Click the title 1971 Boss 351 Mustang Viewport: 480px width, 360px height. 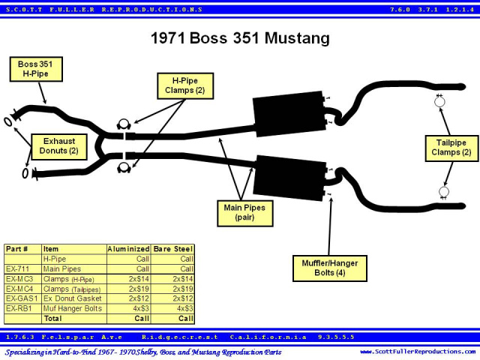240,38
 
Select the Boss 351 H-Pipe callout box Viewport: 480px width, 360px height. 36,69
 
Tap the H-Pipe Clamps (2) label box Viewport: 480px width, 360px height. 185,85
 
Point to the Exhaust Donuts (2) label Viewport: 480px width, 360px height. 59,147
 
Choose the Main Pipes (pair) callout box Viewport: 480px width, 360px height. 245,213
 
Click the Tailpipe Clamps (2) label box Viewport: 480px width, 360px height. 451,148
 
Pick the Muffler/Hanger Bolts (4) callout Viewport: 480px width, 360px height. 330,268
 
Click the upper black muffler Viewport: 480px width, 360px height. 289,113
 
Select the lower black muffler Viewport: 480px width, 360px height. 290,178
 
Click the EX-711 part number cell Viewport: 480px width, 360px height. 18,269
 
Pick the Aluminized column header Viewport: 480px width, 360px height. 128,249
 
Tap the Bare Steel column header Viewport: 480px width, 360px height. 173,249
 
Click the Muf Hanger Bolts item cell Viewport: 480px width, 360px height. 73,308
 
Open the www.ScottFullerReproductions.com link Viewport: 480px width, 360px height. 418,352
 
